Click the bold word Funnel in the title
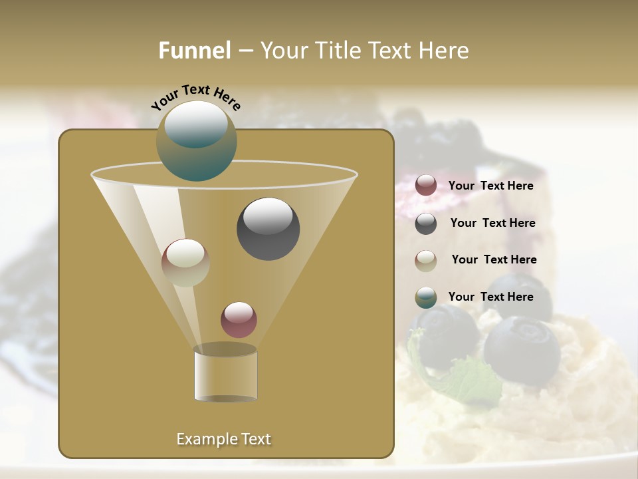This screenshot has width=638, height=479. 195,51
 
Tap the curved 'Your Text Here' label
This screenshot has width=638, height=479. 196,98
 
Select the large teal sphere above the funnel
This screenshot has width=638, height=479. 197,141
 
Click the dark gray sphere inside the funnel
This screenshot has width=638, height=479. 268,229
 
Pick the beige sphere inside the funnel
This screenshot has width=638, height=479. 185,263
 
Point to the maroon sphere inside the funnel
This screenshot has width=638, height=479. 239,320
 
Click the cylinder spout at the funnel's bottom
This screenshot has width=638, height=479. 225,375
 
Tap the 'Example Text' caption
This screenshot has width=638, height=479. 224,439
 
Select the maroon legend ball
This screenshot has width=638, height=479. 426,186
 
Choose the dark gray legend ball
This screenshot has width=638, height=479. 426,224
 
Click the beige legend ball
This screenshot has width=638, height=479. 426,261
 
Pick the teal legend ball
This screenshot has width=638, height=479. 426,297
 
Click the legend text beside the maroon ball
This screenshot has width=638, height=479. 490,186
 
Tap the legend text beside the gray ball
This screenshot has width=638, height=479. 492,224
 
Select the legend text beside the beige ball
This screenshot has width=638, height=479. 494,260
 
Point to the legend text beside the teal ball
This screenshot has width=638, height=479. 490,297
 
